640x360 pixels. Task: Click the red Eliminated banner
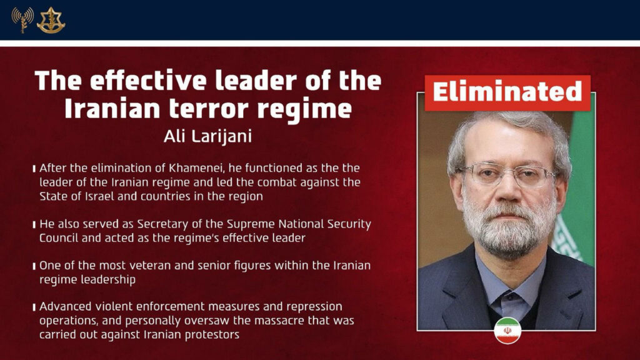click(x=507, y=92)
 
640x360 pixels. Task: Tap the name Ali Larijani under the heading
click(x=208, y=136)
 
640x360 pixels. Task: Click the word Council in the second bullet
click(x=61, y=237)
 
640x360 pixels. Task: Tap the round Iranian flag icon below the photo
click(x=507, y=330)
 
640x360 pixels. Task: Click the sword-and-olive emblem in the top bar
click(x=51, y=20)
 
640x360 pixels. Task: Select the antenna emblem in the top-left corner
click(x=22, y=20)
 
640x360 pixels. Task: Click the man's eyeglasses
click(x=508, y=174)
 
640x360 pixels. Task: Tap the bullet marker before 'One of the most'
click(x=34, y=266)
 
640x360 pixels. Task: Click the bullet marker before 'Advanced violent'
click(x=34, y=308)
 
